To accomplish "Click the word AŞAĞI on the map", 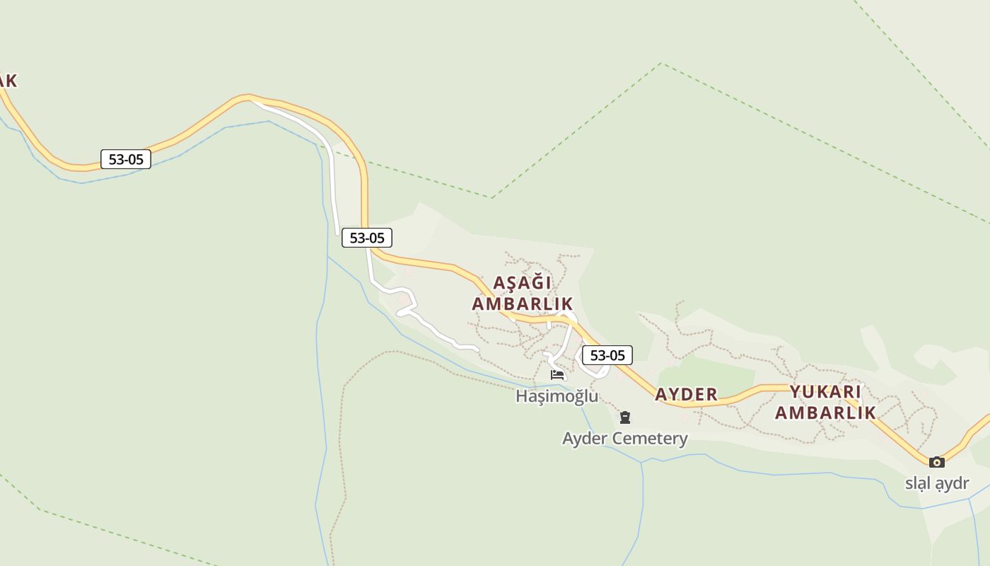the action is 522,283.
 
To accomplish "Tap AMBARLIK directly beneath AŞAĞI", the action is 522,304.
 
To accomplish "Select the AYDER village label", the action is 686,395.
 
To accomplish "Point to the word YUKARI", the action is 825,392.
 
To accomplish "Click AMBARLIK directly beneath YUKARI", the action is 825,412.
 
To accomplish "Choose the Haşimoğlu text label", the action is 557,396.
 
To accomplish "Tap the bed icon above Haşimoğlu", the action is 557,374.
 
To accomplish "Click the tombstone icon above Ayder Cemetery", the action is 625,417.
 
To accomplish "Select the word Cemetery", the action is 650,439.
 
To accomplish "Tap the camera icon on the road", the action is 937,462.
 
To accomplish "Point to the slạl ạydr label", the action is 937,484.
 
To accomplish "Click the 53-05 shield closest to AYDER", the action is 607,355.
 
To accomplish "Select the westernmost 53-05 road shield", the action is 126,159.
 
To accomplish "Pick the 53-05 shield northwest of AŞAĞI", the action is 367,238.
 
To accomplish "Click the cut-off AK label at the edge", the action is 6,81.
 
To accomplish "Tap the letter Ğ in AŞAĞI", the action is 533,283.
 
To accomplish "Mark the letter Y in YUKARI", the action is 796,392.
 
